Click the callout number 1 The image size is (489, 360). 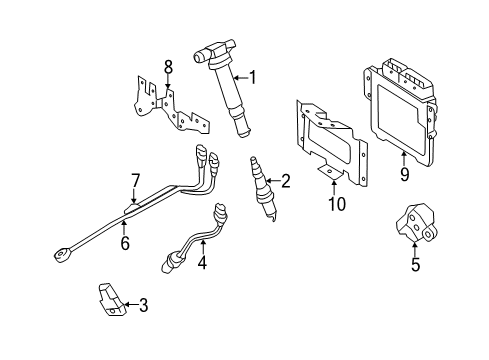253,77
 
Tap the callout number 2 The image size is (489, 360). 286,181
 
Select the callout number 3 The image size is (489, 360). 144,305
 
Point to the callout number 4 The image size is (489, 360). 202,262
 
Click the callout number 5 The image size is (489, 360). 415,264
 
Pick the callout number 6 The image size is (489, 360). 125,243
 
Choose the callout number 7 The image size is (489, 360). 134,181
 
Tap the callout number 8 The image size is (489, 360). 168,67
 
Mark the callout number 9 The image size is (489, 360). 404,174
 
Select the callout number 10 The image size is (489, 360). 337,204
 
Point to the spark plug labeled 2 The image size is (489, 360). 263,189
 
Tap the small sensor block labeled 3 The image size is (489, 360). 112,299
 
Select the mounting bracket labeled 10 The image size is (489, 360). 331,142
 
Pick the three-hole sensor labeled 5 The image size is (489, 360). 416,224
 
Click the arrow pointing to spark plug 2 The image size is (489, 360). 273,181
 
